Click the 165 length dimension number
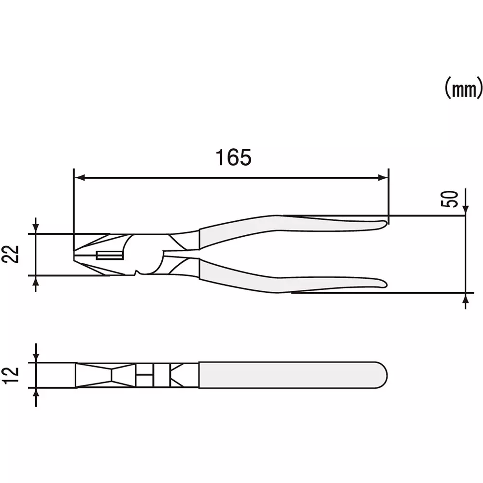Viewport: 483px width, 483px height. point(233,157)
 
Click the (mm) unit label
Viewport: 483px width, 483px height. point(463,89)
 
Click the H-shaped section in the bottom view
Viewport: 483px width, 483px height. point(144,375)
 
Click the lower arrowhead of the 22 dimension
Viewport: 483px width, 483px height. point(35,281)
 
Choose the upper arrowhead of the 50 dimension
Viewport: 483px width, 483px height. point(465,209)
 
